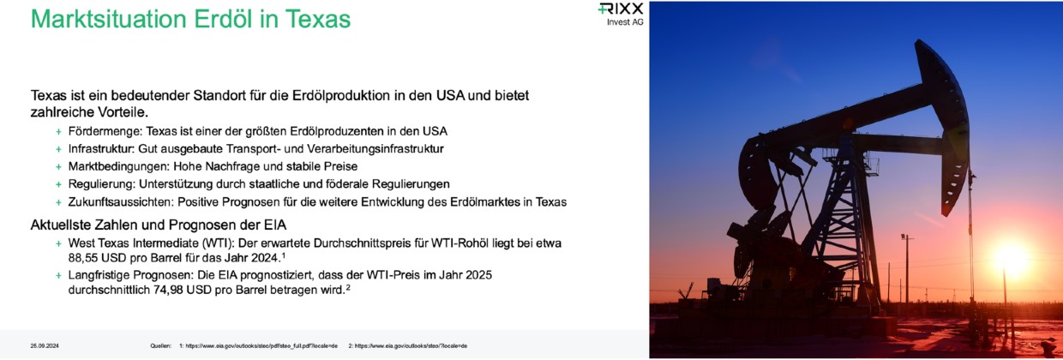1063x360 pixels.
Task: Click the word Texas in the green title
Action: pos(317,19)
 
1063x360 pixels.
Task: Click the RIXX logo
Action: pos(621,9)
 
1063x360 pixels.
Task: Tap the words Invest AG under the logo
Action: pos(625,21)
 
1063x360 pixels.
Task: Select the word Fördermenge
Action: pos(105,131)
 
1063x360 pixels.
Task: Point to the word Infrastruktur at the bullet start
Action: pos(101,148)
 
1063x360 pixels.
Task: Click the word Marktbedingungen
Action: pos(118,166)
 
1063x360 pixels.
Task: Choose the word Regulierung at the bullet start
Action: pos(101,184)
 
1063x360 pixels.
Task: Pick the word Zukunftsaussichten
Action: pos(121,202)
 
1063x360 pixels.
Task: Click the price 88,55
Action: pos(83,258)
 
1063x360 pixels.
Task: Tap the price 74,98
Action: pos(168,290)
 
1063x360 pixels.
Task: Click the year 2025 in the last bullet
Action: pos(478,275)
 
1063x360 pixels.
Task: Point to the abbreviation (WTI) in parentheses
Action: pos(219,243)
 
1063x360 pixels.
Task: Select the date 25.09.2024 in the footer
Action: pos(45,345)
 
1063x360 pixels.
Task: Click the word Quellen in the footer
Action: pos(160,345)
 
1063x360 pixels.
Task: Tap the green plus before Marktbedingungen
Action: pos(58,166)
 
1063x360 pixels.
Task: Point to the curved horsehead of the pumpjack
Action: pos(945,123)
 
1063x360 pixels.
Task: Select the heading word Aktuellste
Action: pos(59,225)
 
